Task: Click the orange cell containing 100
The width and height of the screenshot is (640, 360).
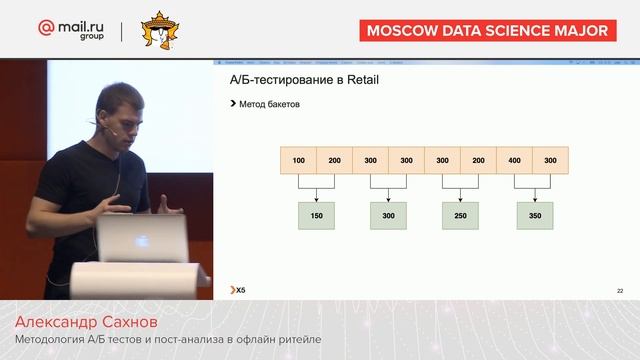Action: click(x=299, y=160)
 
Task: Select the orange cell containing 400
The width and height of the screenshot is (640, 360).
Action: click(x=514, y=160)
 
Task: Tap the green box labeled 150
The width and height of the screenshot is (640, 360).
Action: click(x=317, y=215)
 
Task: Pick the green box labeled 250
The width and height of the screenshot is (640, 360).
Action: click(x=461, y=215)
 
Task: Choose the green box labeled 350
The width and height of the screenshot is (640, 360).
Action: click(x=534, y=215)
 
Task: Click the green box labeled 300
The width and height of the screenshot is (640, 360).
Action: click(x=389, y=215)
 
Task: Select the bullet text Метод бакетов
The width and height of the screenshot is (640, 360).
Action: click(x=270, y=104)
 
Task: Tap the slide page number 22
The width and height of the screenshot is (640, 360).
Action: click(x=620, y=290)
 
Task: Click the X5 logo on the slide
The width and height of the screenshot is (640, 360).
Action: click(x=236, y=290)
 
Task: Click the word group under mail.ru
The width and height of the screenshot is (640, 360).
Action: click(x=90, y=41)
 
